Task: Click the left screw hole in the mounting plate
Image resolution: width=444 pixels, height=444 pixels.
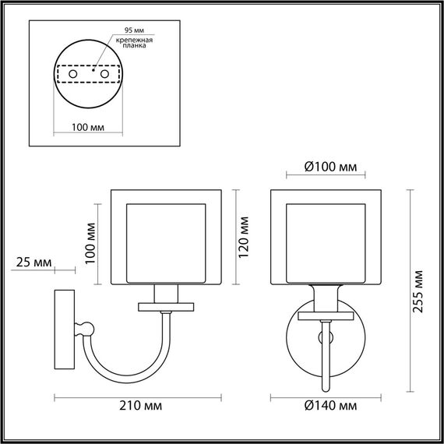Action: pos(73,73)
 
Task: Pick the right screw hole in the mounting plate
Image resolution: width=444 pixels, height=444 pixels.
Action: pos(104,73)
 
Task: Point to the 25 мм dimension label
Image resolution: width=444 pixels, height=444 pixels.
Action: pos(33,263)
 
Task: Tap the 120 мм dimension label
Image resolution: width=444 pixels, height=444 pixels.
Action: pos(244,234)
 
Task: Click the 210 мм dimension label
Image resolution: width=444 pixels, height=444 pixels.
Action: pos(143,406)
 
